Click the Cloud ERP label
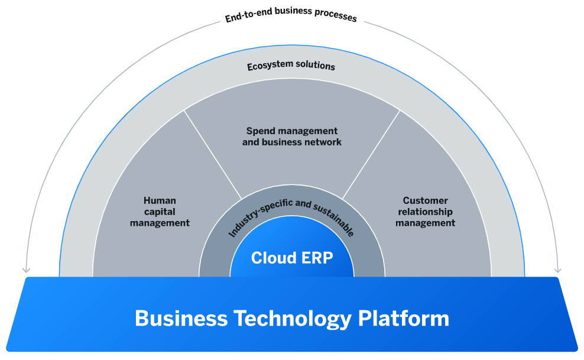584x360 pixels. pyautogui.click(x=291, y=258)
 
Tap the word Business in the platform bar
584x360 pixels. pyautogui.click(x=181, y=319)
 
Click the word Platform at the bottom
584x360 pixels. pyautogui.click(x=403, y=319)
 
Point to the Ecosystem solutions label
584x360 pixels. pyautogui.click(x=291, y=66)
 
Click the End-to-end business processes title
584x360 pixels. pyautogui.click(x=291, y=17)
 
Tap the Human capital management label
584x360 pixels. pyautogui.click(x=160, y=212)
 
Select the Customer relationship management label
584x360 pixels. pyautogui.click(x=425, y=212)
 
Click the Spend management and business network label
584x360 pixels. pyautogui.click(x=291, y=137)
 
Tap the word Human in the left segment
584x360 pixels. pyautogui.click(x=160, y=200)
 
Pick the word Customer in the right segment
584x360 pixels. pyautogui.click(x=426, y=200)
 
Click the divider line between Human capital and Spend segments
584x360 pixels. pyautogui.click(x=213, y=154)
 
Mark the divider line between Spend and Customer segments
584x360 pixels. pyautogui.click(x=371, y=154)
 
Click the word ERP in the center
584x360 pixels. pyautogui.click(x=316, y=258)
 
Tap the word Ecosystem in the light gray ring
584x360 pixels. pyautogui.click(x=269, y=64)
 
